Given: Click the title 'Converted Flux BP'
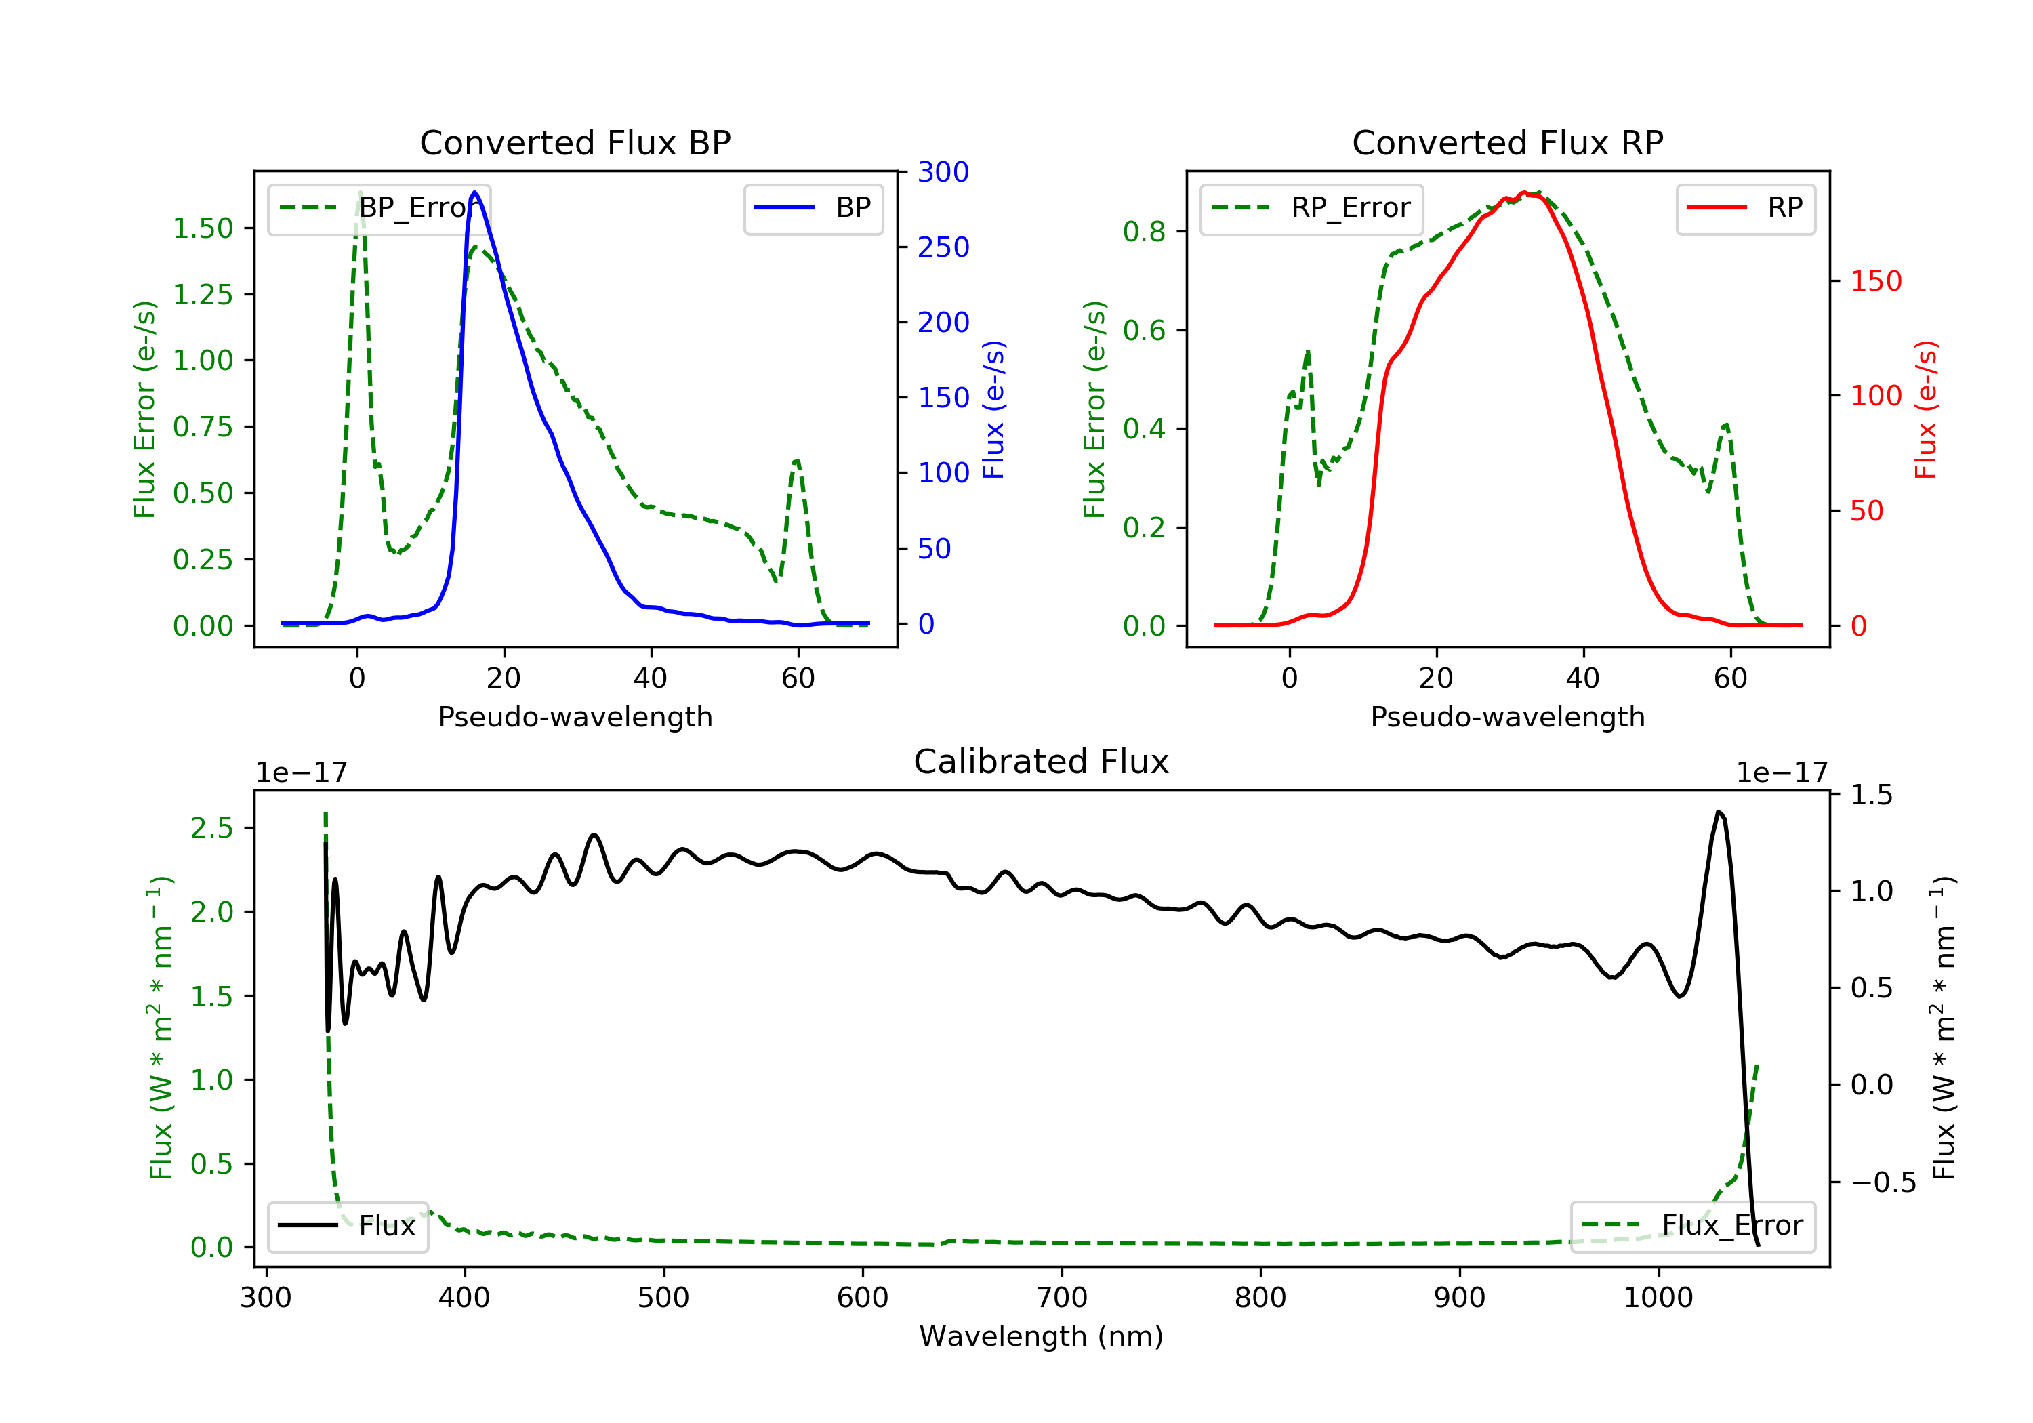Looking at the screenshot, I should [x=575, y=142].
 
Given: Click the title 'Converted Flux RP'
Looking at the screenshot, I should [x=1507, y=142].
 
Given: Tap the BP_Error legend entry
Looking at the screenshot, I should [x=379, y=208].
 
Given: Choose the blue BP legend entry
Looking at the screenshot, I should [x=813, y=208].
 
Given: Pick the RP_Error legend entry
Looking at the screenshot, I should [x=1311, y=208].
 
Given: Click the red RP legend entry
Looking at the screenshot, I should [x=1745, y=208].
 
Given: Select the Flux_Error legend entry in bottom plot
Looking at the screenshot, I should [x=1692, y=1226].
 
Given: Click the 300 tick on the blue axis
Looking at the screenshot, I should [x=943, y=172].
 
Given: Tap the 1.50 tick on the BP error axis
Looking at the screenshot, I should [x=202, y=228].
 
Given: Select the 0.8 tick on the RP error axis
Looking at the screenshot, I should [x=1143, y=232].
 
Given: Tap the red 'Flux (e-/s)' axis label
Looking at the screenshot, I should [x=1926, y=409].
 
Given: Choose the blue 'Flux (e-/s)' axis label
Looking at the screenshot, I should [x=993, y=409].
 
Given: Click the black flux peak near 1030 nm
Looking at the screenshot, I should [x=1719, y=812].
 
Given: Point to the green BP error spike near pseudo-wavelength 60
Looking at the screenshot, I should [x=797, y=461].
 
